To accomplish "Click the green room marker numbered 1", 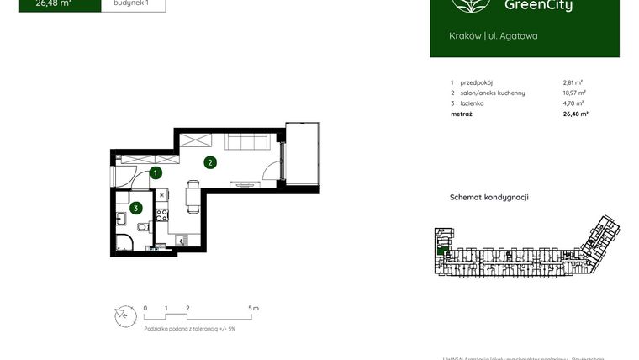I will click(x=156, y=173).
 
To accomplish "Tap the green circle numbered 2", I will click(x=209, y=162).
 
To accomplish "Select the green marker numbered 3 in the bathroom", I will click(x=135, y=208).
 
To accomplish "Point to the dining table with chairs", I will click(x=193, y=197).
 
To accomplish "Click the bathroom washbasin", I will click(x=121, y=220).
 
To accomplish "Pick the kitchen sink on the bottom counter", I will click(x=183, y=241).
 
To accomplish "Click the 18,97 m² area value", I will click(x=575, y=93).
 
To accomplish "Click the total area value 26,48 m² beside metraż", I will click(x=575, y=113).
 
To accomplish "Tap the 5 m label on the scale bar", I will click(x=255, y=309).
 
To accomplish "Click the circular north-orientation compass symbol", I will click(x=124, y=315).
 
